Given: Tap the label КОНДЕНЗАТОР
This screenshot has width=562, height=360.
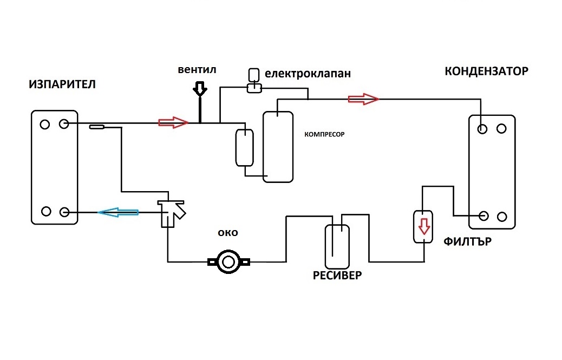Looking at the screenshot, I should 486,71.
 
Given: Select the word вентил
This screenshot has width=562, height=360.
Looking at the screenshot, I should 197,70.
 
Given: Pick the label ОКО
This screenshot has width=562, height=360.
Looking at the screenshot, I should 228,233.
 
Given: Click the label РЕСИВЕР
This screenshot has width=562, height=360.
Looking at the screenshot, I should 337,275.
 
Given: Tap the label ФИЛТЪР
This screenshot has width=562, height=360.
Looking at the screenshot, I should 467,241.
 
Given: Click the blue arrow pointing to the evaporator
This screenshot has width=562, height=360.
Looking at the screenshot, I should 118,212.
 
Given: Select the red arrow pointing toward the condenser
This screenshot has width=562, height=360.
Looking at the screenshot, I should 363,99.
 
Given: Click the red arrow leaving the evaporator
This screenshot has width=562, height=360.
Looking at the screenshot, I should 173,123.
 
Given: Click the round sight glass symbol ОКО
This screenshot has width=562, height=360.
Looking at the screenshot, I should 228,263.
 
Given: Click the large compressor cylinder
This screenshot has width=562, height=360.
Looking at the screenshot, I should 278,147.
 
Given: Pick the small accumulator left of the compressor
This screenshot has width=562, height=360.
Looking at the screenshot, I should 244,147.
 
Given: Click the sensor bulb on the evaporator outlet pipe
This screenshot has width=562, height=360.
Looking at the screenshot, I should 97,127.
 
